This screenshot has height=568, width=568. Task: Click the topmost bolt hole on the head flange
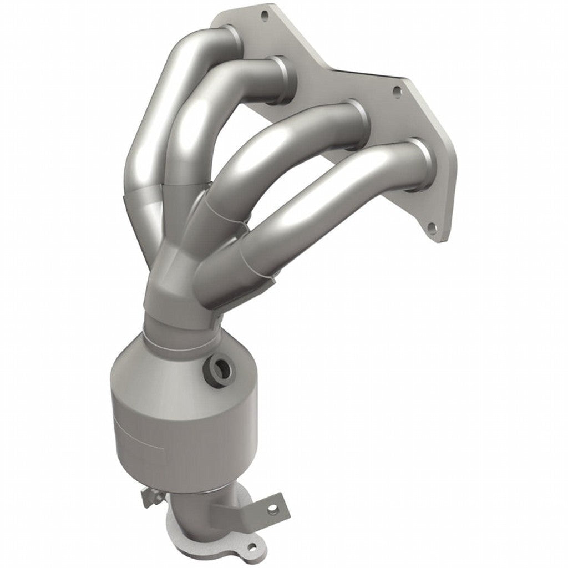tap(264, 16)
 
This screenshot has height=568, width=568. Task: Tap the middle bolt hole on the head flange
tap(397, 90)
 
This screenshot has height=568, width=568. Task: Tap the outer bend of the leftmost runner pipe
tap(139, 139)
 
